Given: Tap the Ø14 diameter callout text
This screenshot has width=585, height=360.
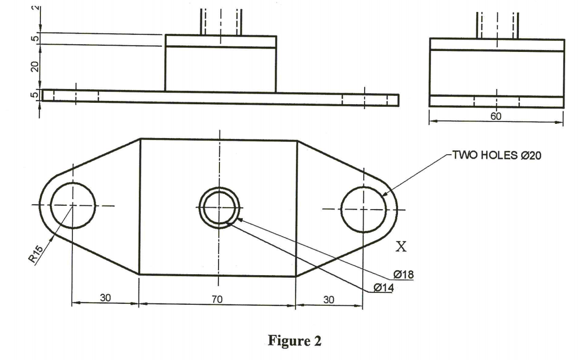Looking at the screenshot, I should pyautogui.click(x=383, y=287).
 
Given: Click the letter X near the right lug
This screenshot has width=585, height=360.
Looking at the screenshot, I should pyautogui.click(x=402, y=247).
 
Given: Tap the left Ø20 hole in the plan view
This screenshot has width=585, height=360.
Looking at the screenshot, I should pyautogui.click(x=72, y=205).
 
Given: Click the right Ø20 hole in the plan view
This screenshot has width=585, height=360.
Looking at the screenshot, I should pyautogui.click(x=363, y=209).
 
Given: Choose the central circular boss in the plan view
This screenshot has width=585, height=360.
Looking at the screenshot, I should pyautogui.click(x=219, y=207).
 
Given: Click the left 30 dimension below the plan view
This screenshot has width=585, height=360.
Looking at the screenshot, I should pyautogui.click(x=105, y=298).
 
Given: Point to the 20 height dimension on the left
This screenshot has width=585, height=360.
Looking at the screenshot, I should pyautogui.click(x=35, y=66).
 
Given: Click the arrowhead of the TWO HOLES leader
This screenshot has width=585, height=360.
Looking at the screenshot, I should pyautogui.click(x=384, y=194).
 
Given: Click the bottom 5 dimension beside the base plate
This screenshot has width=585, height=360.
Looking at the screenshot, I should pyautogui.click(x=35, y=95).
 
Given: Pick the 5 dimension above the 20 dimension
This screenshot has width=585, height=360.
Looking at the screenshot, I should pyautogui.click(x=35, y=39).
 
